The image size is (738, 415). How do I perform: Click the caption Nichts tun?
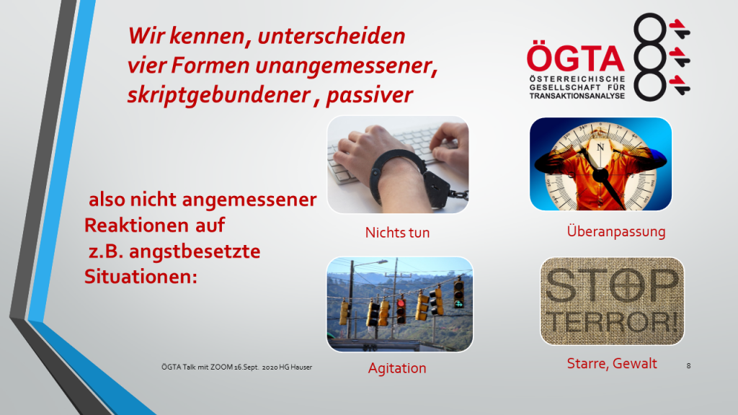point(397,233)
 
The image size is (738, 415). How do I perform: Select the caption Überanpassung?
point(616,231)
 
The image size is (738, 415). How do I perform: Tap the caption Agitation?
point(397,368)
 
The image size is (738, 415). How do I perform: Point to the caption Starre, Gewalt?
point(612,363)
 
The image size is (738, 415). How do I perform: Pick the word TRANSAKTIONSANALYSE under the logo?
point(577,96)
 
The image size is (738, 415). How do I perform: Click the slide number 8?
point(688,365)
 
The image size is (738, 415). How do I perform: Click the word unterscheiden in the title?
point(332,36)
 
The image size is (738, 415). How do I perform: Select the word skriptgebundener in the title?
point(219,94)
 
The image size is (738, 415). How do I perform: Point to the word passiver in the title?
point(370,94)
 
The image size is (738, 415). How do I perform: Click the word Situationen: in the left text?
point(141,276)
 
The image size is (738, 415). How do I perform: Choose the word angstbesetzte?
point(195,251)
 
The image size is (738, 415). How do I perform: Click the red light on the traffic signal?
point(401,303)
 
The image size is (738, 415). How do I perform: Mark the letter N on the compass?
point(600,147)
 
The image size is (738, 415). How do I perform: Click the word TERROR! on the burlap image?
point(613,322)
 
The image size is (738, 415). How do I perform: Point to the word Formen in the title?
point(210,65)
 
